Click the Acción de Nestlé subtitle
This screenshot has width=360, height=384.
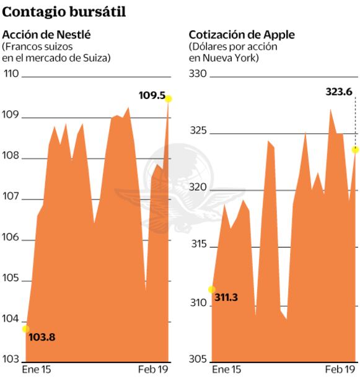pos(47,35)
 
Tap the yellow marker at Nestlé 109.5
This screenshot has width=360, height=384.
pos(169,98)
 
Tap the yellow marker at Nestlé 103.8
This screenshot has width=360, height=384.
pos(25,329)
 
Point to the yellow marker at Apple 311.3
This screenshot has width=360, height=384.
pos(212,289)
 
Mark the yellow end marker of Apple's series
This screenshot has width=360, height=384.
pos(356,149)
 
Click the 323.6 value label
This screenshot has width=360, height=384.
pos(338,92)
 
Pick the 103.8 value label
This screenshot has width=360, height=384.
pos(42,338)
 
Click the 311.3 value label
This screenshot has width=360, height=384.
pos(227,298)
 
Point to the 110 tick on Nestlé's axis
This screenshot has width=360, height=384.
pos(12,74)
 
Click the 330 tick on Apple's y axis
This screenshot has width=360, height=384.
pos(197,74)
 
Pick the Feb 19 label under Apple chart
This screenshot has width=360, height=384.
pos(340,370)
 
